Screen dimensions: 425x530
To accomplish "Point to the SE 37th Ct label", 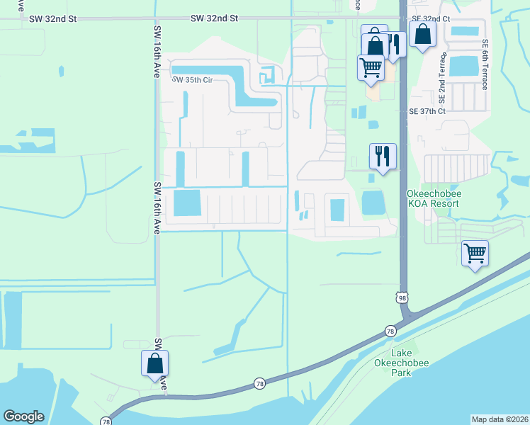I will [x=427, y=111].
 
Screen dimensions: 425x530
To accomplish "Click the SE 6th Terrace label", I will [x=485, y=64].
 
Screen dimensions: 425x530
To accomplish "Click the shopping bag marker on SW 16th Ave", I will [x=154, y=364].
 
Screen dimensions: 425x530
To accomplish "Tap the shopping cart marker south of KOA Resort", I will [x=475, y=254].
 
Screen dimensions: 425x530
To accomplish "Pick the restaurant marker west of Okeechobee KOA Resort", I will [x=383, y=157].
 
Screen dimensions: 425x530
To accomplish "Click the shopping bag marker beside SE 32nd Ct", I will [x=422, y=35].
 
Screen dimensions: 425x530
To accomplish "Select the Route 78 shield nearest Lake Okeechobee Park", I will [x=390, y=331].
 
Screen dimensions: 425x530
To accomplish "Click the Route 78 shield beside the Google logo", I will [x=106, y=421].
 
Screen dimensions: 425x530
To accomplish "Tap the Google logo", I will [x=23, y=416].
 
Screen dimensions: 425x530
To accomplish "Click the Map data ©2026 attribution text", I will [x=500, y=419].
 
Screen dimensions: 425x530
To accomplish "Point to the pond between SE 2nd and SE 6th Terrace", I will [x=464, y=66].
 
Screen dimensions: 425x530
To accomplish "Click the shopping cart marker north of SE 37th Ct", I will [x=371, y=68].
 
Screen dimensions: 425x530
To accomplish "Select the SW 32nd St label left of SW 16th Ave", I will [x=52, y=20].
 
